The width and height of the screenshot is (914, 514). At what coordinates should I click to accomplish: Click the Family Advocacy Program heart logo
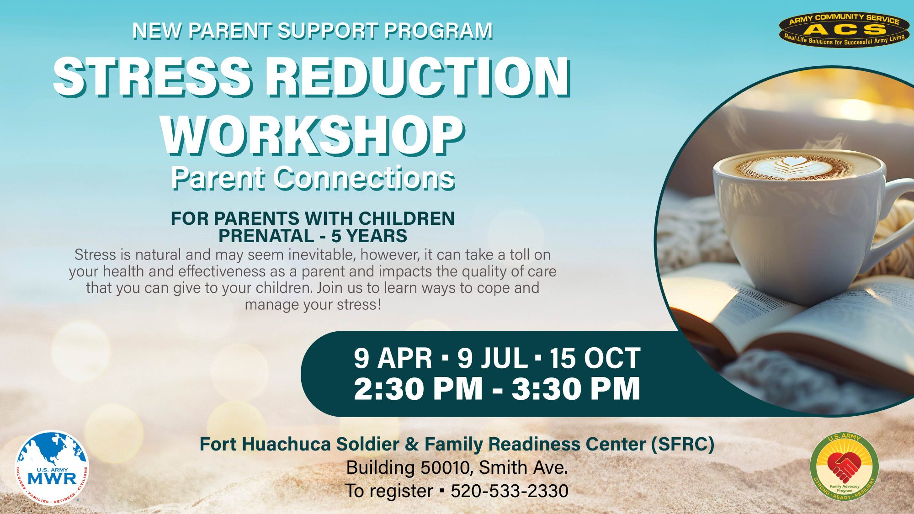pyautogui.click(x=844, y=466)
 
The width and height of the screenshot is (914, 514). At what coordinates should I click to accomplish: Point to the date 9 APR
pyautogui.click(x=393, y=358)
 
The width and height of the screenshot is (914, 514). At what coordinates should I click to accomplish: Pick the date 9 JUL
pyautogui.click(x=493, y=358)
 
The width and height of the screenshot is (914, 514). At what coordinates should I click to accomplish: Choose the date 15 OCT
pyautogui.click(x=595, y=358)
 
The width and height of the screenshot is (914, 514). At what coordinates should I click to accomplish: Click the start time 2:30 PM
pyautogui.click(x=418, y=388)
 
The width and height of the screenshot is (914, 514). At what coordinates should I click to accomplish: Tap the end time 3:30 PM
pyautogui.click(x=576, y=388)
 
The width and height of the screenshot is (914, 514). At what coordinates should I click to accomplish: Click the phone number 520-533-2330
pyautogui.click(x=510, y=491)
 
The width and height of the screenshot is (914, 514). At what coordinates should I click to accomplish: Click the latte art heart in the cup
pyautogui.click(x=790, y=166)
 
